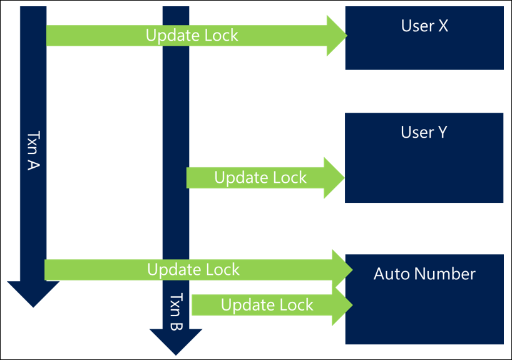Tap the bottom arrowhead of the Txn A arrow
coord(33,294)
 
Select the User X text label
coord(424,26)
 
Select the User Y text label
coord(424,132)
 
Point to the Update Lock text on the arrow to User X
coord(192,35)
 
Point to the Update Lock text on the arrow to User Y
coord(260,178)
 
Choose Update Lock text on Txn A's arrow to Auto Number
coord(193,270)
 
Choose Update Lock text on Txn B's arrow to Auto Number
coord(267,305)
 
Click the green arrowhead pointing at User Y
coord(333,178)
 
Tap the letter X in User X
coord(444,26)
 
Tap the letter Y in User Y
coord(442,132)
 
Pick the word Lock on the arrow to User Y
coord(289,178)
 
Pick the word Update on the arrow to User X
coord(169,35)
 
